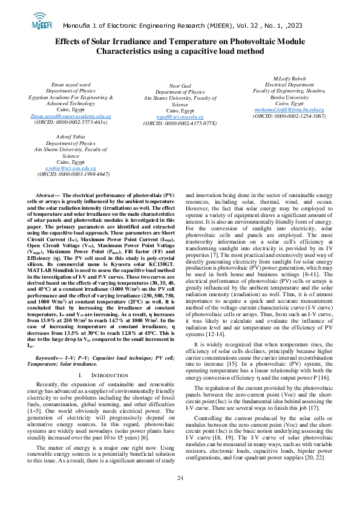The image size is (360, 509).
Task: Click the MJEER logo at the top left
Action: [x=41, y=23]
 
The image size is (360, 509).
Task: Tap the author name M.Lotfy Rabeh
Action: [x=289, y=79]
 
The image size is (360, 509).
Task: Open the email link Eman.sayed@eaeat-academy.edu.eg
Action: [x=71, y=115]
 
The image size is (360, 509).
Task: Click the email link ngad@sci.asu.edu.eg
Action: [x=180, y=117]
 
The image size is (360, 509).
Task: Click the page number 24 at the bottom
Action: [x=180, y=495]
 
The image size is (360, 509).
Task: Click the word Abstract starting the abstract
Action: [x=46, y=196]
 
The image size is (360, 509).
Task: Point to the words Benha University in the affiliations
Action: [x=289, y=97]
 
